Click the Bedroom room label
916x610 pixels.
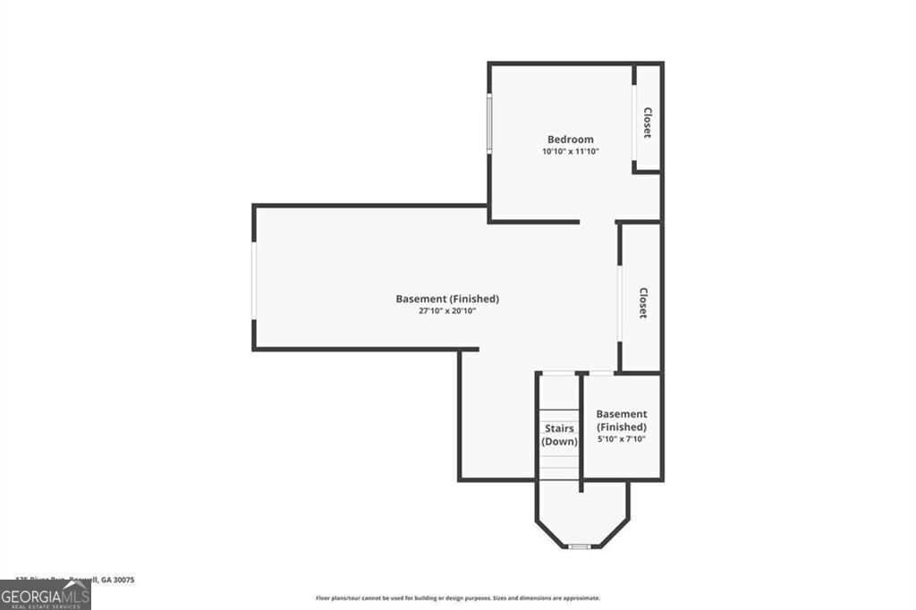pos(570,140)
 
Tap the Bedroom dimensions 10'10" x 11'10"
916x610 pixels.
pos(570,152)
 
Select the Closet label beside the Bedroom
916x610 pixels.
pos(647,123)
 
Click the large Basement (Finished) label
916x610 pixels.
pos(447,299)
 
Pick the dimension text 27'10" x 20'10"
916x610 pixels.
pos(447,311)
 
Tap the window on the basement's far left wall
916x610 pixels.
pos(254,281)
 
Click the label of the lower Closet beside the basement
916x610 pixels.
pos(642,302)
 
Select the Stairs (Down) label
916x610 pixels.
pos(560,436)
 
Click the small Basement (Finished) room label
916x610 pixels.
pos(622,420)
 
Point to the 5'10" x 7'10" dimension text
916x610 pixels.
pos(622,439)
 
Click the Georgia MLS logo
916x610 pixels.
pos(45,595)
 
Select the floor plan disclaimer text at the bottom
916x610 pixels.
pos(457,598)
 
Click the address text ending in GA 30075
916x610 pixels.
pos(75,580)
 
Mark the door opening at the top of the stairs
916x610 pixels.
pos(559,373)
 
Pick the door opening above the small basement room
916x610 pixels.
pos(601,373)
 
